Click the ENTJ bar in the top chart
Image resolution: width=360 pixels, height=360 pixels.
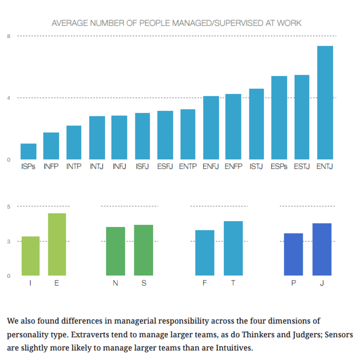325,103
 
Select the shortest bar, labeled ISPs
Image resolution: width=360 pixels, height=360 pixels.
28,152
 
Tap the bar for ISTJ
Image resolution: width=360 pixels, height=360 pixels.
256,124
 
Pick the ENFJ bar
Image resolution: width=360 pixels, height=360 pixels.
211,128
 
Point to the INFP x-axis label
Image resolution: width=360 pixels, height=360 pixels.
51,167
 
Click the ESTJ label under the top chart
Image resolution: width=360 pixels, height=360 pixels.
302,167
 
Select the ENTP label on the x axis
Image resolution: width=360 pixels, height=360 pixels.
188,167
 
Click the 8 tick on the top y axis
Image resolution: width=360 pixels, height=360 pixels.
8,36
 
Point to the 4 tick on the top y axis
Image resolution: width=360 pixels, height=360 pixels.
8,98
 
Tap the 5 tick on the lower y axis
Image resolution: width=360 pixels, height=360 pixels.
8,206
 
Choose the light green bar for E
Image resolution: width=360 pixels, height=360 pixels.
57,245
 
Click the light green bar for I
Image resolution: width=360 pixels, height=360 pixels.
31,256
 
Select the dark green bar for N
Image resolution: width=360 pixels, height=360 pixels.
115,251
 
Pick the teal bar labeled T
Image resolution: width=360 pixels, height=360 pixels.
233,248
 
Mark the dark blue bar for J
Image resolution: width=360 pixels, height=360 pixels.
322,249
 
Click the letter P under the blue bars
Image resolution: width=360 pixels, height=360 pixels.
293,283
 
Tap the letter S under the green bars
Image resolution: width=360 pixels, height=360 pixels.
144,283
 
